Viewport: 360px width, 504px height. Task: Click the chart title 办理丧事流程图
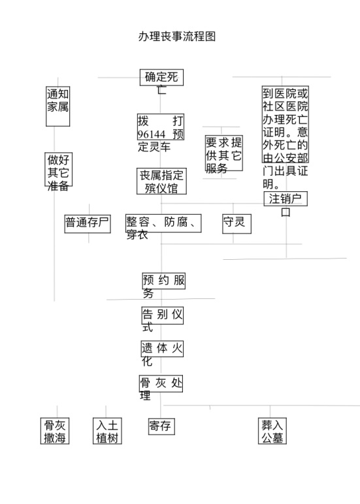[177, 37]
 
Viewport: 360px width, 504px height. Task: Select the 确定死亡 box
[161, 77]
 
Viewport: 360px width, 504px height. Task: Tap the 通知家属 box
[58, 106]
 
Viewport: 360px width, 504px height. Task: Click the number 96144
[151, 134]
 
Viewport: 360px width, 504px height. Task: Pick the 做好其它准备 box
[58, 169]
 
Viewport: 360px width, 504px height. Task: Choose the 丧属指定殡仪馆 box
[161, 181]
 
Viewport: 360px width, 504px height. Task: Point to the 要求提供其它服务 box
[224, 153]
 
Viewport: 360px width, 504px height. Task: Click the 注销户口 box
[286, 198]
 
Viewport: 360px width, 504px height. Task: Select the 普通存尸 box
[88, 224]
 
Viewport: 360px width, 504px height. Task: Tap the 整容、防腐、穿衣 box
[163, 223]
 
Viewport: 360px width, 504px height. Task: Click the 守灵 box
[237, 224]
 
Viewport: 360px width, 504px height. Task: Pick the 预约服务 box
[164, 281]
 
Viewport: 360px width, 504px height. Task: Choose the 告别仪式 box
[163, 315]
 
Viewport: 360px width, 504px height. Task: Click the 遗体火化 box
[162, 349]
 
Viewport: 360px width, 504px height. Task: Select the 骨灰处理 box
[161, 383]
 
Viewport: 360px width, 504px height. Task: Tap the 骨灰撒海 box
[55, 431]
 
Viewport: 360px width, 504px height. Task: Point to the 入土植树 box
[107, 431]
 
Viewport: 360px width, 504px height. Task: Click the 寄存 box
[161, 426]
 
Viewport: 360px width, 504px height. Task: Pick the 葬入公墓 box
[272, 431]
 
